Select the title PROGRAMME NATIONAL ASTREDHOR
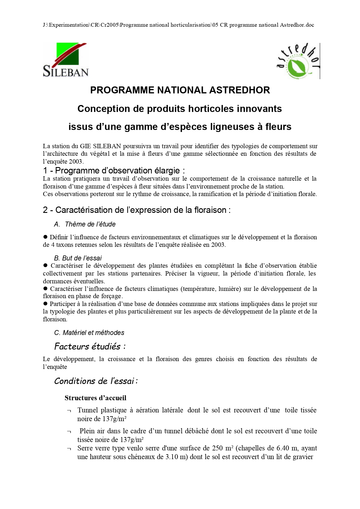(x=180, y=90)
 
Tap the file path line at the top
(x=178, y=25)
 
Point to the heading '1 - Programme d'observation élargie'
(x=114, y=171)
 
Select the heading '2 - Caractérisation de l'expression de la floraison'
(x=137, y=210)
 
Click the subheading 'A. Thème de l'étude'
(x=85, y=224)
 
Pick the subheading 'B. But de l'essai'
(x=78, y=258)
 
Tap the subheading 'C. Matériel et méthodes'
(x=89, y=333)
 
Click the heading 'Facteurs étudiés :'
(x=90, y=346)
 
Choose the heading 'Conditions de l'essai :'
(x=96, y=381)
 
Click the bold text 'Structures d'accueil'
(x=95, y=398)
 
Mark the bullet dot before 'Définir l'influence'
(x=45, y=237)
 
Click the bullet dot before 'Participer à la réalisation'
(x=45, y=304)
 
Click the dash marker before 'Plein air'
(x=69, y=432)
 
